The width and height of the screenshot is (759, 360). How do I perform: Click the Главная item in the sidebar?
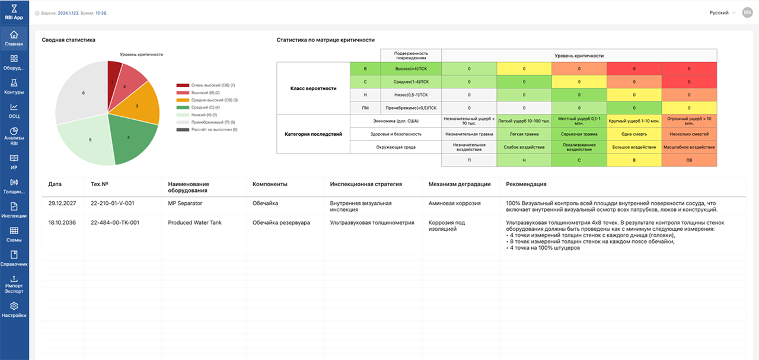click(14, 38)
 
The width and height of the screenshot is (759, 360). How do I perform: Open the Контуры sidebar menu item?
click(14, 87)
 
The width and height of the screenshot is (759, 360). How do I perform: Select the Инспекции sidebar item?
click(14, 210)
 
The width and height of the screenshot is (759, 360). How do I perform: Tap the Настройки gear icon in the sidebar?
click(14, 309)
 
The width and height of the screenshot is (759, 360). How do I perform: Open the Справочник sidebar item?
click(14, 259)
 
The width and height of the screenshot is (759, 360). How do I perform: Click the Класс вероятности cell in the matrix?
click(313, 88)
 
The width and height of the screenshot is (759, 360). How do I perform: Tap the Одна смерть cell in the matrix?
click(634, 134)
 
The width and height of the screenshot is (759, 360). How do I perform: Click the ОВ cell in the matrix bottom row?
click(689, 160)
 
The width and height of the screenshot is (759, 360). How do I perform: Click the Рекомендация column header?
click(526, 184)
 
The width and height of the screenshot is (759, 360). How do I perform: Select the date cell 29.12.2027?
click(60, 203)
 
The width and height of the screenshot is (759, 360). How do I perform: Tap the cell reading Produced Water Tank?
click(195, 223)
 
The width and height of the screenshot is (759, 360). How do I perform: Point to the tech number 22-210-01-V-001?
click(112, 203)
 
